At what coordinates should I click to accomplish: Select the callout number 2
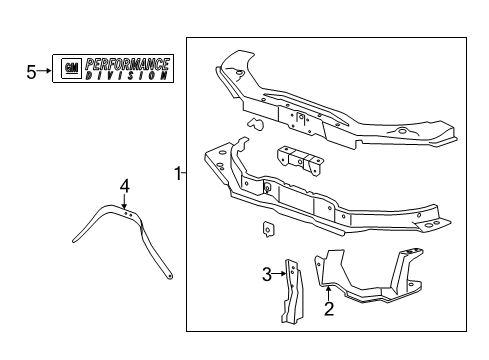coord(328,309)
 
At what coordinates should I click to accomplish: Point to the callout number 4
coord(125,184)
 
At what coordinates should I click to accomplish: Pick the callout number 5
coord(30,71)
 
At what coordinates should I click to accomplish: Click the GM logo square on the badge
coord(71,69)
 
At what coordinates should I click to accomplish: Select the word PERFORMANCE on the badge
coord(126,64)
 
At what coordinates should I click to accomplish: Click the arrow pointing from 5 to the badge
coord(46,71)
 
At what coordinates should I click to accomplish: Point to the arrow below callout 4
coord(125,200)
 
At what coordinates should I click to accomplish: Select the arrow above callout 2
coord(328,293)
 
